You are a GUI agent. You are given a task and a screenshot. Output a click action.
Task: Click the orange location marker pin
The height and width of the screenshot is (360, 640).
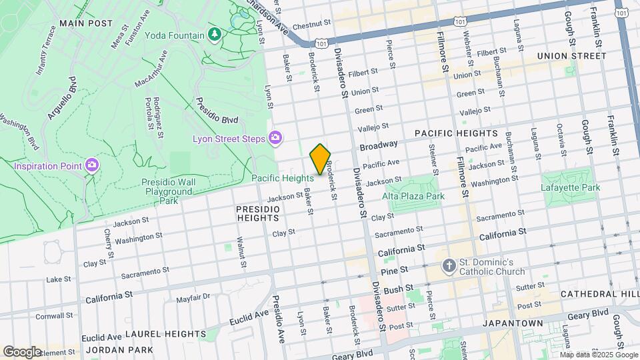[320, 159]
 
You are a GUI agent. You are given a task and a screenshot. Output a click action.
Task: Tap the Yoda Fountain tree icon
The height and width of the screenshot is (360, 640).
[214, 35]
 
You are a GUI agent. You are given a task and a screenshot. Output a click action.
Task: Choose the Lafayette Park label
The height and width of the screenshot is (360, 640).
[571, 187]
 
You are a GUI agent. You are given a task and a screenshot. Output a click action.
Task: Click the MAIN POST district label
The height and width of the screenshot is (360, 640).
[85, 23]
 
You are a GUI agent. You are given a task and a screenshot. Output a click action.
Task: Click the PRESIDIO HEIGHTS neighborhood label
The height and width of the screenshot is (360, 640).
[257, 213]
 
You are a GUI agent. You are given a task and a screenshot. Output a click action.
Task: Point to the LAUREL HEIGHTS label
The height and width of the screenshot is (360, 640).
[165, 333]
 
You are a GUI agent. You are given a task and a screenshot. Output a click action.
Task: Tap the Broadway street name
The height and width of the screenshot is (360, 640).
[379, 145]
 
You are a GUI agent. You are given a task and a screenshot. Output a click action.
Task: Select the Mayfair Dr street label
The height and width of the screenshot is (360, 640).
[193, 297]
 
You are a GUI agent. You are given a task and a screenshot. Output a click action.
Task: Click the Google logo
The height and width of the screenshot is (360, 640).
[22, 351]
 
